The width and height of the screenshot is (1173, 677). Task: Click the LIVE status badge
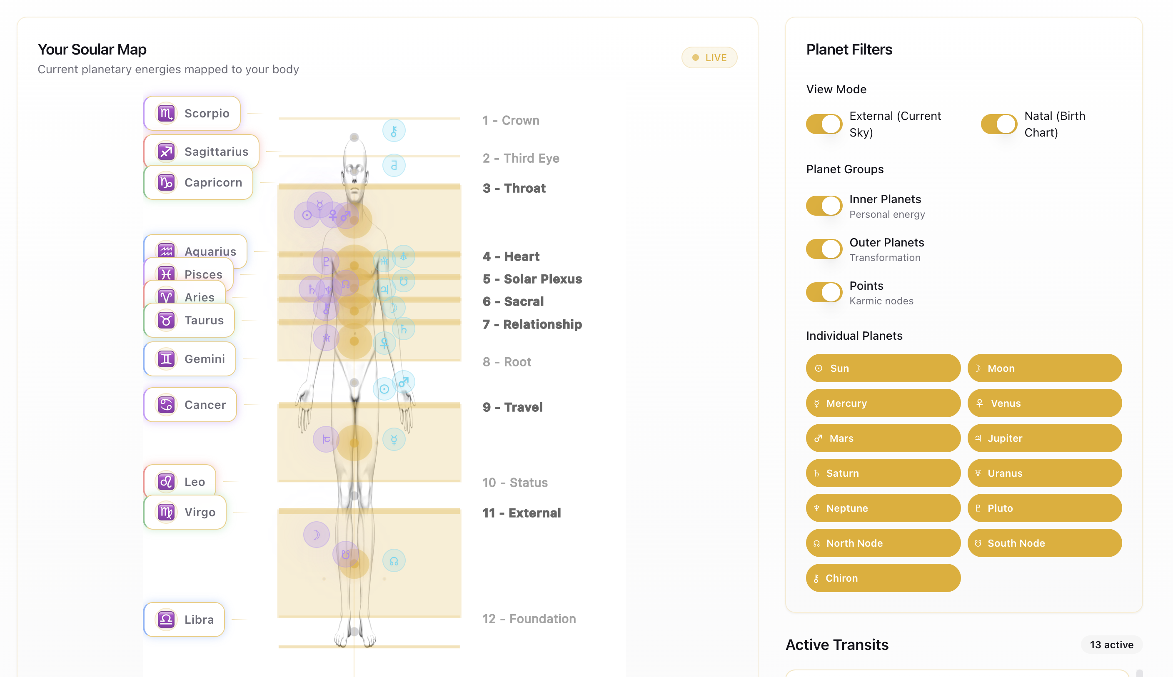(709, 57)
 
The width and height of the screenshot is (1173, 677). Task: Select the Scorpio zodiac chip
(192, 113)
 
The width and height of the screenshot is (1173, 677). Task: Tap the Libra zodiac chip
(184, 620)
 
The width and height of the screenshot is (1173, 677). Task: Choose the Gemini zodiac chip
(190, 359)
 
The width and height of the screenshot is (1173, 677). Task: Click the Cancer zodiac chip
(190, 405)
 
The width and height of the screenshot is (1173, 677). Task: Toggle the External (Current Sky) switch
(824, 124)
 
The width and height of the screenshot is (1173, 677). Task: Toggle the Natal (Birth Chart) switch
(998, 124)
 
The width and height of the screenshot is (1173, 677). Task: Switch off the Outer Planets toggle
(824, 249)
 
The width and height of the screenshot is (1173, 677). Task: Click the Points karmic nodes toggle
(824, 292)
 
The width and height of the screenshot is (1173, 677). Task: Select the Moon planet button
(1044, 368)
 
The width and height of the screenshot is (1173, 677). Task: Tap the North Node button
(882, 543)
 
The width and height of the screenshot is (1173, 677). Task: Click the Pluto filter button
(1044, 508)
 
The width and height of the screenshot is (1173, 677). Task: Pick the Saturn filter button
(882, 473)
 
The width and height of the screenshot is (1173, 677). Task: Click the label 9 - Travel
(512, 407)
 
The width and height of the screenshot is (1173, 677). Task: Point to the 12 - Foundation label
(529, 619)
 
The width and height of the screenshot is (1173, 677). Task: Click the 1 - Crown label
(511, 120)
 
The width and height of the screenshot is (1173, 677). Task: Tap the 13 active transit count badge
(1111, 645)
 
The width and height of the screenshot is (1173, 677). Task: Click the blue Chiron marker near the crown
(394, 131)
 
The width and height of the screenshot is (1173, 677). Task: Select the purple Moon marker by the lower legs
(316, 535)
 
